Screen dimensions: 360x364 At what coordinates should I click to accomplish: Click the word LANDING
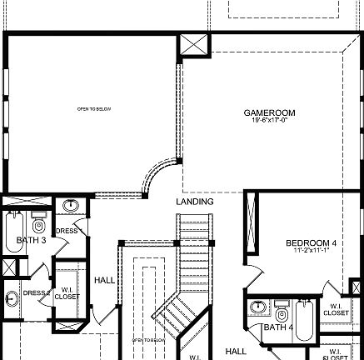click(x=195, y=202)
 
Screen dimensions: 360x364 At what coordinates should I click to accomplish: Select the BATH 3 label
click(x=31, y=241)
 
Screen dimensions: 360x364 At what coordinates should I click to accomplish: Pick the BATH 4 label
click(x=278, y=327)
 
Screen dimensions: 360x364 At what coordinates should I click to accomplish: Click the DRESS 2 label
click(x=37, y=292)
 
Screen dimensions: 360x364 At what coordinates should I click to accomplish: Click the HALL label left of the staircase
click(x=104, y=280)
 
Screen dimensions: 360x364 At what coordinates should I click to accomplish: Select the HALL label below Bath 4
click(x=237, y=351)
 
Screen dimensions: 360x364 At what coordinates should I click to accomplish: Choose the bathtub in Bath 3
click(x=13, y=229)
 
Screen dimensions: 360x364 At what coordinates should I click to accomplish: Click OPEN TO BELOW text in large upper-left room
click(x=94, y=109)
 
